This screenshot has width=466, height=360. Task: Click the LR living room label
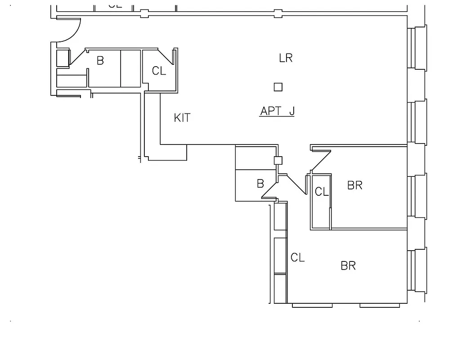[286, 58]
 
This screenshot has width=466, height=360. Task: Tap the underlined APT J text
[277, 111]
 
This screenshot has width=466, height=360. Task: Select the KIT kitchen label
[182, 118]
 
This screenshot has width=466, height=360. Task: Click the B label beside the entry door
[100, 60]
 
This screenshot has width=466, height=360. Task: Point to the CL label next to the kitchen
[159, 71]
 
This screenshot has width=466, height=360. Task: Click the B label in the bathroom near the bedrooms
[260, 184]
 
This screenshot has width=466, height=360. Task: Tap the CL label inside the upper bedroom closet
[322, 192]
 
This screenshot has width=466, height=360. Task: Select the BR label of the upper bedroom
[355, 185]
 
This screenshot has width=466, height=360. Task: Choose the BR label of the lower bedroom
[348, 265]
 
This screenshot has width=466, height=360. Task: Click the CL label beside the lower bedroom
[297, 258]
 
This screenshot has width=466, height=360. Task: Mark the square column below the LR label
[278, 87]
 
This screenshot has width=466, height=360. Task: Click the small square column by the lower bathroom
[278, 160]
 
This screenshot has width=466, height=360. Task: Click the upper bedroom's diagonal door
[321, 161]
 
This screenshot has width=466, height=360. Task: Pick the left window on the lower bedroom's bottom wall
[312, 306]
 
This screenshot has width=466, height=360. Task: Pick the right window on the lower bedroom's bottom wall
[380, 306]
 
